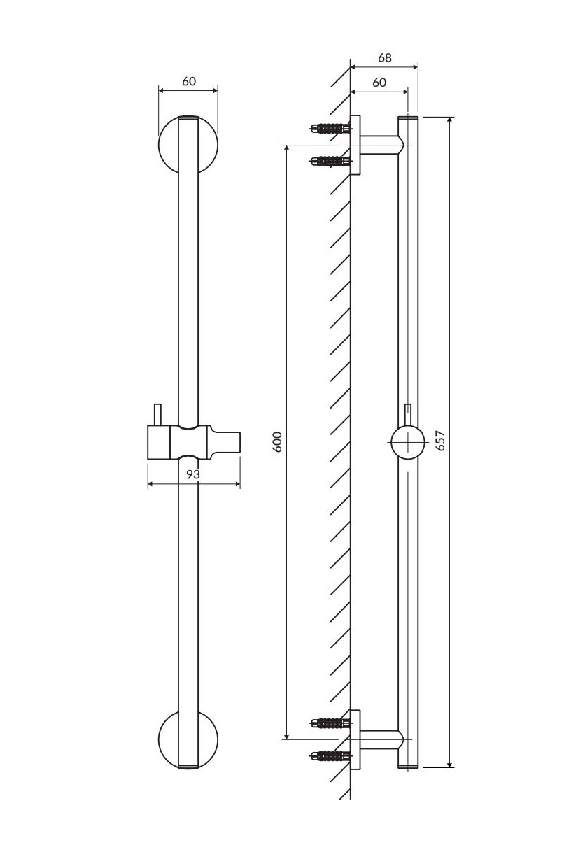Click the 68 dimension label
385,58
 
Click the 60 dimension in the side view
379,83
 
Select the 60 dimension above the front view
189,81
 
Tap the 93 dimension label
193,475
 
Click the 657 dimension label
440,440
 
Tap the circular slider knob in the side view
408,442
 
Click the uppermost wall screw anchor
330,128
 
